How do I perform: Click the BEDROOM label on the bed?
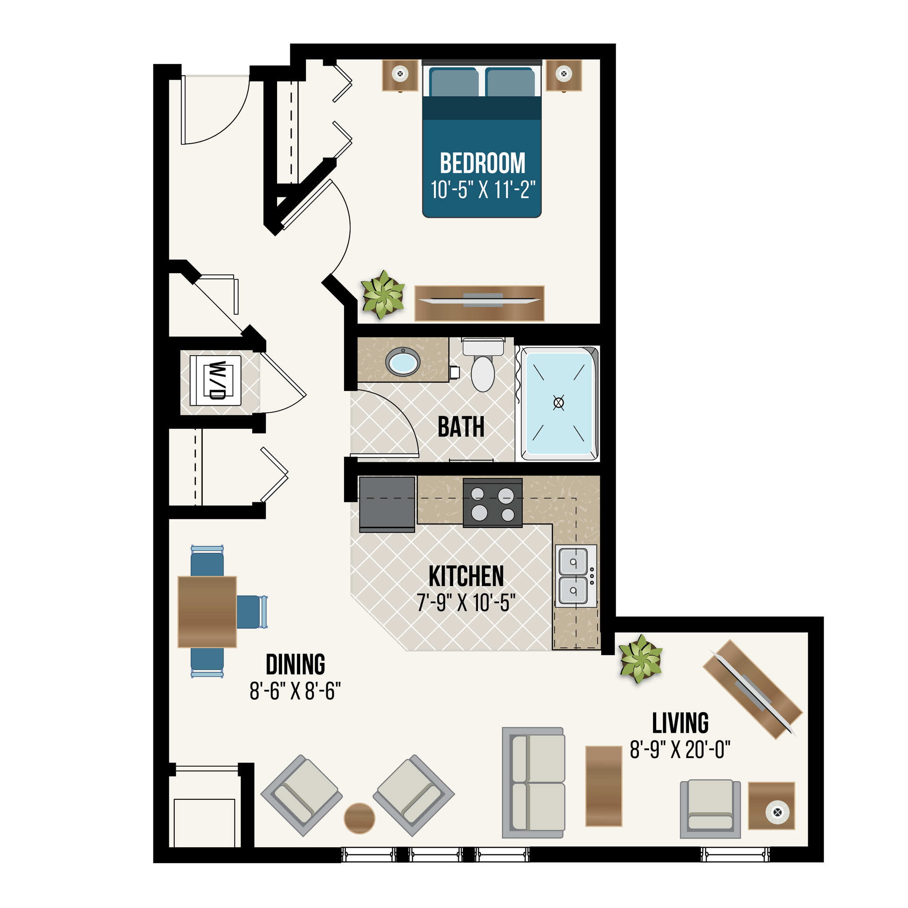click(482, 164)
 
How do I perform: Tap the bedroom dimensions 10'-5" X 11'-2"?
click(483, 190)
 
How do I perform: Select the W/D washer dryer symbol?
click(216, 381)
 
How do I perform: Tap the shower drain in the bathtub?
click(558, 403)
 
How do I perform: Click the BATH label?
click(461, 427)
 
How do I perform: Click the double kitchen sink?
click(574, 576)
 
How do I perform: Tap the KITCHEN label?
click(466, 577)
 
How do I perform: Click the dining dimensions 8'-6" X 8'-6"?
click(295, 691)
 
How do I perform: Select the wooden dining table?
click(207, 612)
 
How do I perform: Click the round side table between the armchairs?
click(360, 818)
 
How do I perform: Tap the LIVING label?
click(680, 723)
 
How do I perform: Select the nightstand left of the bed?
click(400, 75)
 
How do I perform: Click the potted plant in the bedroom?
click(383, 295)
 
